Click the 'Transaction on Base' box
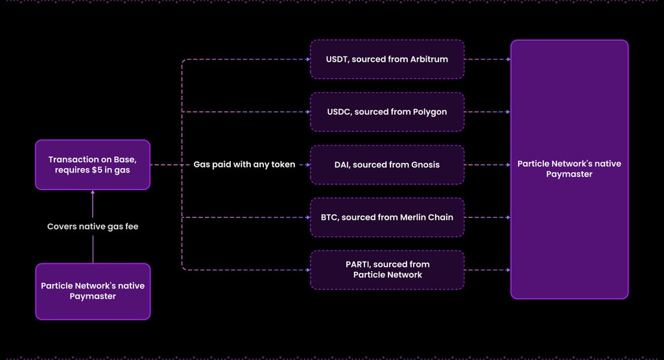click(93, 165)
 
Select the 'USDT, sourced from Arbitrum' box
click(387, 59)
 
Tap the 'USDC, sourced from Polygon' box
click(387, 112)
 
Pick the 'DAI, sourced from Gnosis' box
click(387, 165)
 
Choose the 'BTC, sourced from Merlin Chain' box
click(387, 217)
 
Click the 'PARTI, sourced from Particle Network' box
click(387, 270)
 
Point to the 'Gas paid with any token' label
click(244, 164)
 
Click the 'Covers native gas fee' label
click(93, 226)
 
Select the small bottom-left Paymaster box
click(93, 291)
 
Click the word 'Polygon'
click(430, 112)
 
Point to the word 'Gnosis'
click(425, 165)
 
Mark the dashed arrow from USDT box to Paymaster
click(488, 59)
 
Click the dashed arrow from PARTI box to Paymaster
click(488, 270)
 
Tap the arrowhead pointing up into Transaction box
click(93, 192)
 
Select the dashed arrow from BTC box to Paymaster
click(488, 217)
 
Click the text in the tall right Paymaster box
click(569, 169)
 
